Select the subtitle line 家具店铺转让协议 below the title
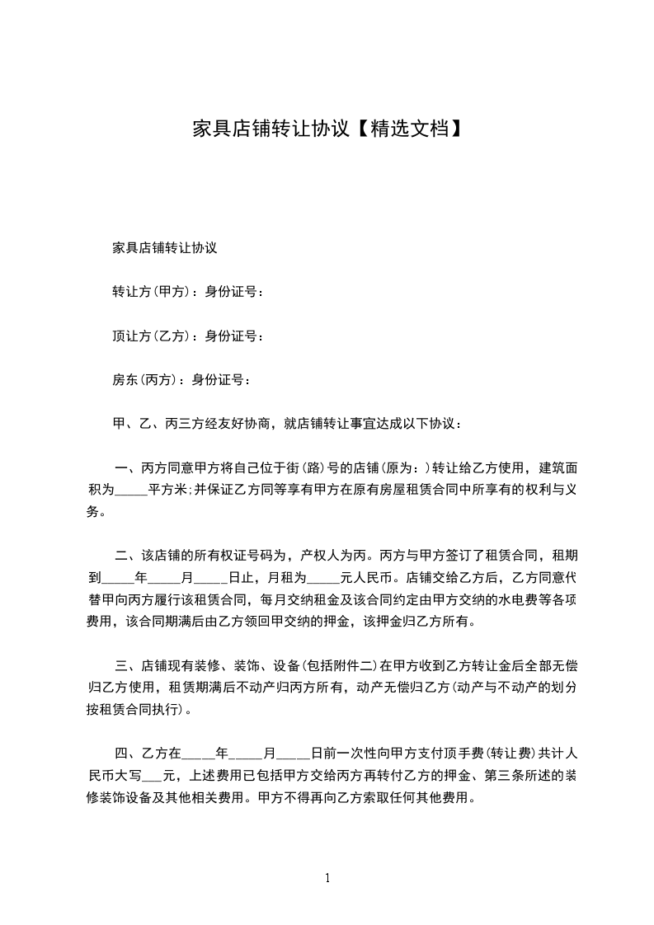[164, 247]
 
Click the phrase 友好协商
[244, 425]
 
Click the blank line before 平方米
[130, 491]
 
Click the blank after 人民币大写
[153, 775]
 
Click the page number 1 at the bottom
[327, 878]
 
